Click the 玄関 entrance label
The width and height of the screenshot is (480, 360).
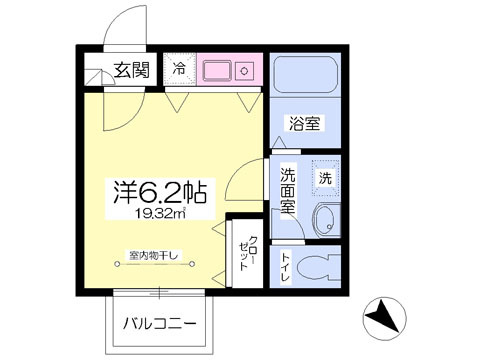(132, 70)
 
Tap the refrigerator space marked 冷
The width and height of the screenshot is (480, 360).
(179, 69)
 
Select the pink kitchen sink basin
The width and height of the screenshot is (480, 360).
(217, 70)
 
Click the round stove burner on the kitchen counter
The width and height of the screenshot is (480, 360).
(244, 71)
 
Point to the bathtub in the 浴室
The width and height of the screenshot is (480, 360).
(305, 76)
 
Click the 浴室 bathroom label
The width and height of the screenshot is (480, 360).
(305, 123)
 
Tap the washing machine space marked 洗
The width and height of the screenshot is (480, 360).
(326, 178)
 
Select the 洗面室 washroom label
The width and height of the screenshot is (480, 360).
(287, 191)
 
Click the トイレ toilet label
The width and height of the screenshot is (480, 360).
(285, 267)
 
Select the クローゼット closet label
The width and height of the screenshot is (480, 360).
(248, 253)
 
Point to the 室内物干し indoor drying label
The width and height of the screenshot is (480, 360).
(154, 255)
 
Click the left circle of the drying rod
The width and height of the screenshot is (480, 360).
(117, 264)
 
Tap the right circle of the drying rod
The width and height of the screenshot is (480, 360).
(192, 264)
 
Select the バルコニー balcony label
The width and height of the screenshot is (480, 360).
(160, 323)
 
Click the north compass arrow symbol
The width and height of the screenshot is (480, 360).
(384, 315)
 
